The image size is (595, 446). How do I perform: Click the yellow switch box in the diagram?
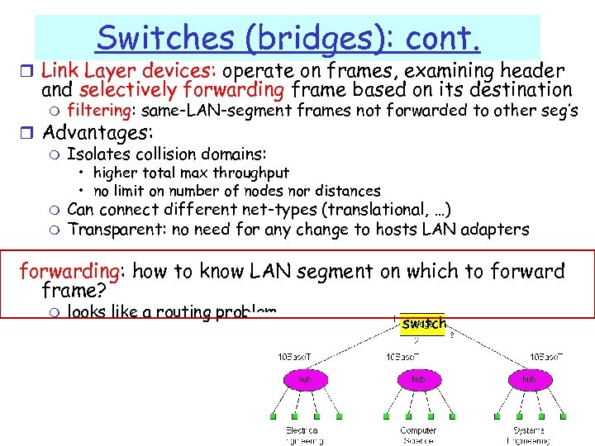421,325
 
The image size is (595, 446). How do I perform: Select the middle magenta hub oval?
417,379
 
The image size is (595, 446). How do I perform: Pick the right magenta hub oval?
528,379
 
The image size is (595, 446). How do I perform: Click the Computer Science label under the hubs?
417,435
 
